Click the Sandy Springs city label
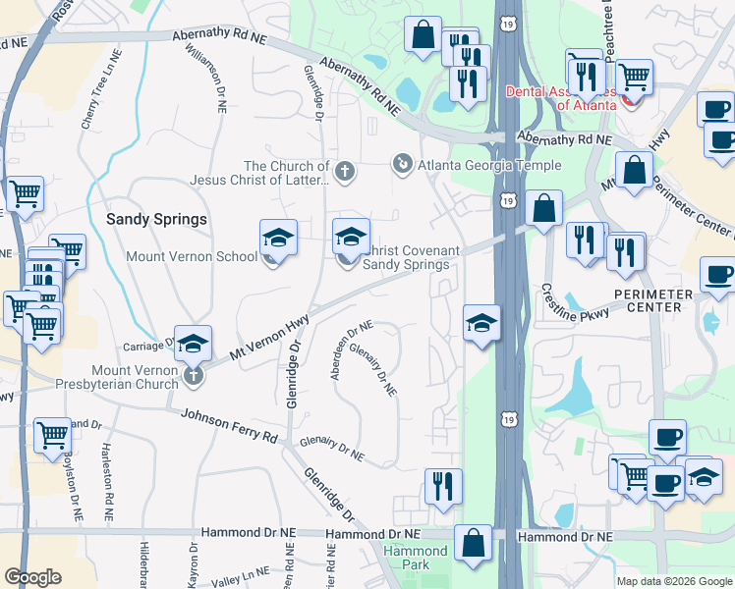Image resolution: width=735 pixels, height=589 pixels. pyautogui.click(x=158, y=219)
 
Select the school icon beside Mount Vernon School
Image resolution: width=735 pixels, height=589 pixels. pyautogui.click(x=278, y=240)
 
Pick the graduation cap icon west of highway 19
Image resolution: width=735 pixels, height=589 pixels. pyautogui.click(x=481, y=323)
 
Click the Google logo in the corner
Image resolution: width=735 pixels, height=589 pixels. pyautogui.click(x=32, y=577)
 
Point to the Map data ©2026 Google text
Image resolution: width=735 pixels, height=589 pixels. pyautogui.click(x=673, y=581)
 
